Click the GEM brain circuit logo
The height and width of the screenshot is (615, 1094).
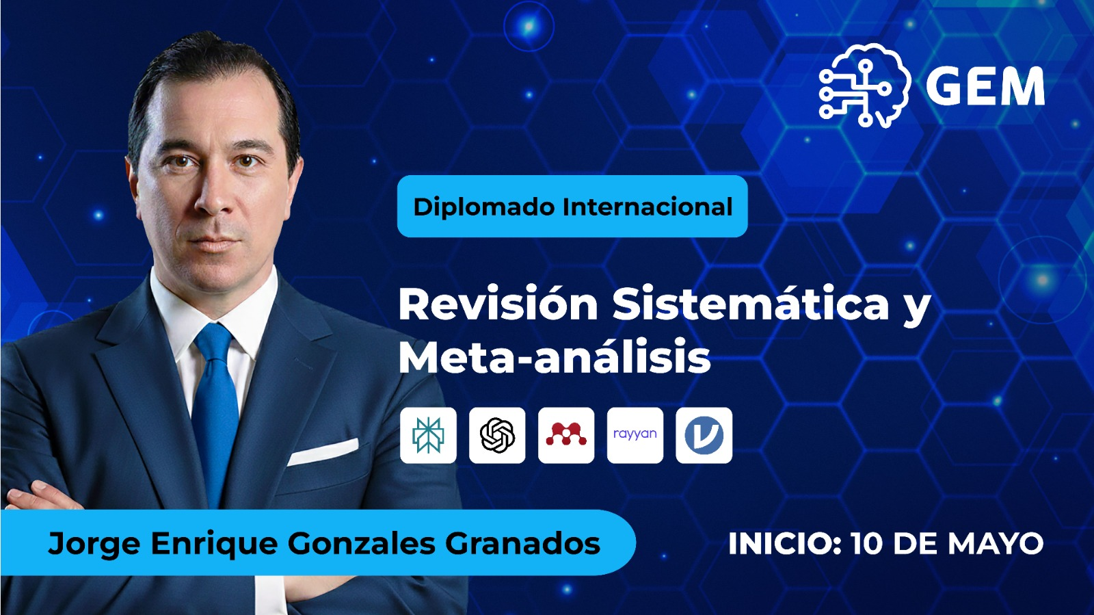(x=864, y=86)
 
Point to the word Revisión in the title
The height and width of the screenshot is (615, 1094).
(x=498, y=304)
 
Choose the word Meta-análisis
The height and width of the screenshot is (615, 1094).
(x=555, y=358)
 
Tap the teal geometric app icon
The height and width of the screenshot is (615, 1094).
(x=428, y=435)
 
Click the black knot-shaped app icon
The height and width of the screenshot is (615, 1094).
(x=497, y=435)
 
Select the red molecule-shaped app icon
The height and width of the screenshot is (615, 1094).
(x=566, y=435)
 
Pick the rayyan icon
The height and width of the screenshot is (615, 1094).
(x=635, y=435)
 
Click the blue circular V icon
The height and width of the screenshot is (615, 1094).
(x=704, y=435)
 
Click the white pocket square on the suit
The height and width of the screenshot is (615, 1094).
(x=323, y=452)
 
